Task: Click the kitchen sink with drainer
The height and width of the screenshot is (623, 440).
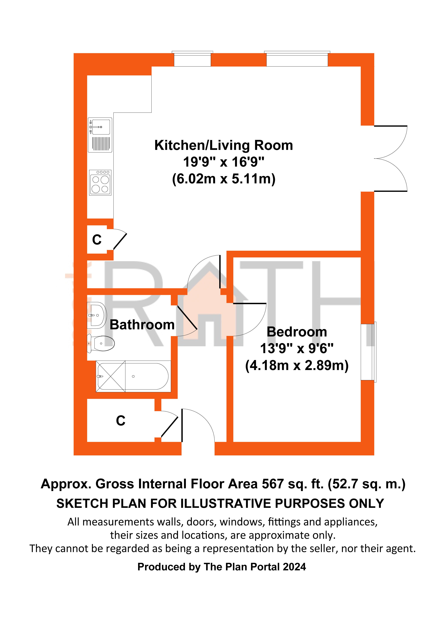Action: pyautogui.click(x=100, y=135)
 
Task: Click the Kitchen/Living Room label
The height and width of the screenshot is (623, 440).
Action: pyautogui.click(x=224, y=145)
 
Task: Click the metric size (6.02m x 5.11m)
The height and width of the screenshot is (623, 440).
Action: pyautogui.click(x=224, y=179)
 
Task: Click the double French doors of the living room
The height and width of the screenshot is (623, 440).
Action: pyautogui.click(x=391, y=158)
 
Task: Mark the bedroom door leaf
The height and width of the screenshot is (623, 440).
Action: pyautogui.click(x=250, y=303)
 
